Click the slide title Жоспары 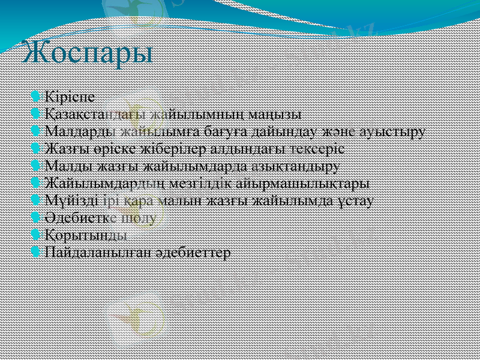point(88,53)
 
